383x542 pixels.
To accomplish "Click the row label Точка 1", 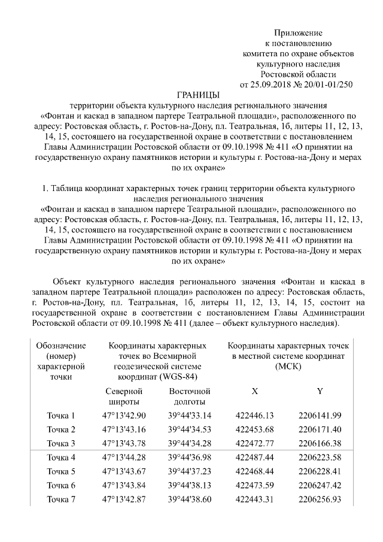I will pyautogui.click(x=61, y=416).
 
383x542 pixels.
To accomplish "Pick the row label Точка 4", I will pyautogui.click(x=61, y=457).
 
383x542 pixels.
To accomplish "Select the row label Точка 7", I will pyautogui.click(x=61, y=499).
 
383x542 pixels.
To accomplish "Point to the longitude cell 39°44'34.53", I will pyautogui.click(x=190, y=429).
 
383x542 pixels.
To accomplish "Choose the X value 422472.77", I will pyautogui.click(x=254, y=443).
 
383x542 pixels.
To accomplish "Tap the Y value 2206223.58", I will pyautogui.click(x=320, y=457).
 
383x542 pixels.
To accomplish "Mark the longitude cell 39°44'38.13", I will pyautogui.click(x=190, y=485).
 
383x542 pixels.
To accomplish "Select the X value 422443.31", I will pyautogui.click(x=254, y=499).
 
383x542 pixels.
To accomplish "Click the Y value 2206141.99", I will pyautogui.click(x=320, y=416).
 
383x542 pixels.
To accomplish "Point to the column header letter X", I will pyautogui.click(x=255, y=391).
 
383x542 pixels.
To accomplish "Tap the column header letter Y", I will pyautogui.click(x=320, y=391).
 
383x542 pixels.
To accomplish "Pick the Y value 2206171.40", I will pyautogui.click(x=320, y=429).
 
